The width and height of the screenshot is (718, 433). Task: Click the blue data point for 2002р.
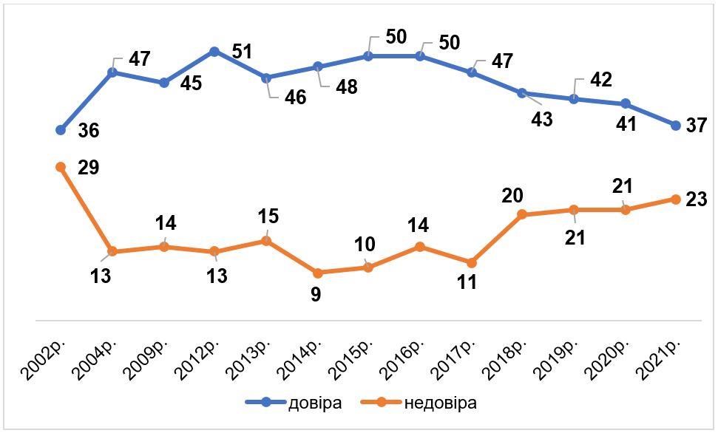(61, 130)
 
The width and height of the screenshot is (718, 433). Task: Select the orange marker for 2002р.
(61, 167)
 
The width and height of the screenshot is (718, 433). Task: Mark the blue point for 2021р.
(675, 126)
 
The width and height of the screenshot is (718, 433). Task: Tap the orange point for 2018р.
(521, 214)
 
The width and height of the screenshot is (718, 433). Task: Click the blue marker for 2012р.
(214, 51)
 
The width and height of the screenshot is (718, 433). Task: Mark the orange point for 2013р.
(265, 240)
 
